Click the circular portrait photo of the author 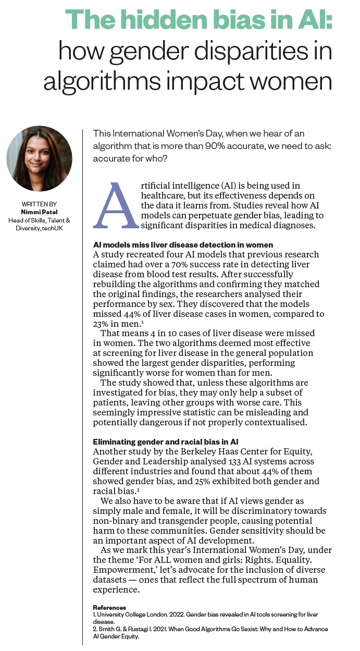(x=39, y=158)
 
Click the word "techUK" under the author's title (x=51, y=228)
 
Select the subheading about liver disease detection (x=183, y=245)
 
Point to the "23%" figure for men (x=104, y=324)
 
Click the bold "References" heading (x=109, y=608)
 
